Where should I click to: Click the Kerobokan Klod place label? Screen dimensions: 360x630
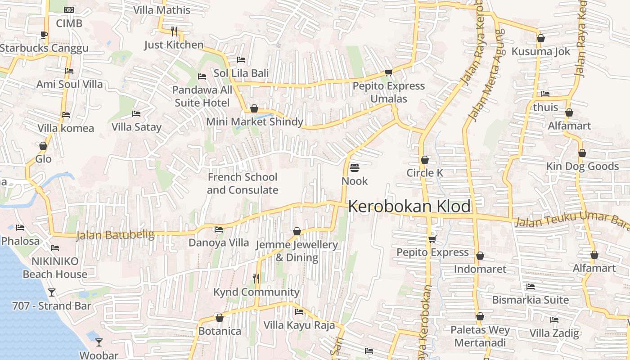click(x=409, y=207)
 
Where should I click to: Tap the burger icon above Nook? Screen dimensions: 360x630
click(x=354, y=168)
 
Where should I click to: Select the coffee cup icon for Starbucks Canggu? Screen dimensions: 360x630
click(x=44, y=35)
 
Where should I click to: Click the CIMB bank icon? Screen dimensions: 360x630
click(x=69, y=10)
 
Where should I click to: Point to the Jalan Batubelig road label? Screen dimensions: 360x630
click(x=115, y=235)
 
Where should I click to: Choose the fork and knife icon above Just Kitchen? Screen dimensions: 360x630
click(x=174, y=31)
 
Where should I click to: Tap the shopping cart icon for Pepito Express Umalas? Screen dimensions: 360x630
click(x=388, y=72)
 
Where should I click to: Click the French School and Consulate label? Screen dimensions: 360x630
click(x=243, y=184)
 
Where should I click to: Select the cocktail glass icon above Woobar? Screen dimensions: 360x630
click(x=99, y=342)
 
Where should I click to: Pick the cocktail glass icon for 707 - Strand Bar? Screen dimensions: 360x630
click(x=52, y=292)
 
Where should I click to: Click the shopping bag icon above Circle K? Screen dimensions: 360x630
click(x=424, y=160)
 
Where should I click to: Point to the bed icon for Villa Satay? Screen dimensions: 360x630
click(x=136, y=114)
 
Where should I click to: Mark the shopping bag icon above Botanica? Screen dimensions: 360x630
click(x=220, y=318)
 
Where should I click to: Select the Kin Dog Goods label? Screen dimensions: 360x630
click(x=582, y=166)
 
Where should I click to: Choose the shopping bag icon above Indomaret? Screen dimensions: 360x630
click(x=480, y=256)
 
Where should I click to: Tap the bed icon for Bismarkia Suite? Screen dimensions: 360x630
click(x=531, y=286)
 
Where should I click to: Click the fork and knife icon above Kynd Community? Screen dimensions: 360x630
click(x=256, y=279)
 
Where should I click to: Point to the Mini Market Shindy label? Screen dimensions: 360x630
click(x=255, y=122)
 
